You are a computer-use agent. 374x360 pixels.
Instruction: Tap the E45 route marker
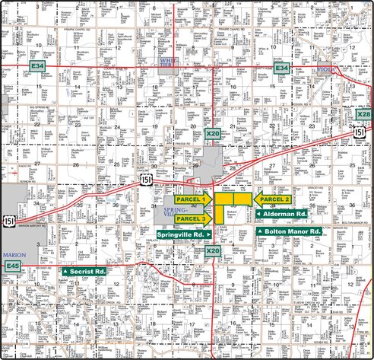tap(11, 266)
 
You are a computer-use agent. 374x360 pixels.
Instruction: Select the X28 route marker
tap(364, 115)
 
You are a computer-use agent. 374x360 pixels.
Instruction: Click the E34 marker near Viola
tap(283, 68)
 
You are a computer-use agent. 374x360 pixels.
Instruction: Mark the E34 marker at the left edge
tap(36, 67)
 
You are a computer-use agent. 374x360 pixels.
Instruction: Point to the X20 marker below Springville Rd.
tap(214, 250)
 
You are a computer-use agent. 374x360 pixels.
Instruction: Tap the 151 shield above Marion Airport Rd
tap(9, 220)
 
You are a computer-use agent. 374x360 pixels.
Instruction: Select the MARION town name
tap(11, 255)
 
